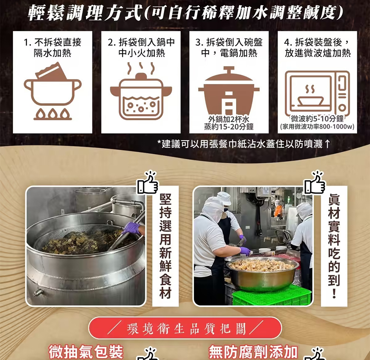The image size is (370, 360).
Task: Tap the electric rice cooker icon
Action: pyautogui.click(x=229, y=91)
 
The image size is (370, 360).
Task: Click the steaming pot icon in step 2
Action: pyautogui.click(x=141, y=91)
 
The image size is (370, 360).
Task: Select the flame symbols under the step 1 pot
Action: pyautogui.click(x=53, y=114)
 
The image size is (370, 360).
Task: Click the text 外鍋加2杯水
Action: pyautogui.click(x=229, y=120)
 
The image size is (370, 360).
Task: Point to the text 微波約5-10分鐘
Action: pyautogui.click(x=317, y=118)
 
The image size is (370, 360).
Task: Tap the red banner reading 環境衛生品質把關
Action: pyautogui.click(x=185, y=328)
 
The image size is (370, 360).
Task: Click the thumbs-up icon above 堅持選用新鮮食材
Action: pyautogui.click(x=148, y=183)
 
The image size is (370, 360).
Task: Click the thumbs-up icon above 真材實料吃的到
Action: pyautogui.click(x=315, y=183)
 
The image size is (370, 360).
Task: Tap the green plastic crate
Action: pyautogui.click(x=271, y=296)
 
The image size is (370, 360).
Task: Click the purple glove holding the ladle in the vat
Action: pyautogui.click(x=132, y=228)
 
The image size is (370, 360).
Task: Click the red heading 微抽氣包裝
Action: pyautogui.click(x=86, y=351)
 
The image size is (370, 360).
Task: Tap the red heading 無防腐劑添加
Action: pyautogui.click(x=253, y=351)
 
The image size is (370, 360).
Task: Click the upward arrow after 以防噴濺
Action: pyautogui.click(x=327, y=144)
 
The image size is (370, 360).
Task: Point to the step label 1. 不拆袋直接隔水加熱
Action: pyautogui.click(x=53, y=47)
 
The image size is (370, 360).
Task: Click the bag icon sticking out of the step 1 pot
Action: pyautogui.click(x=51, y=71)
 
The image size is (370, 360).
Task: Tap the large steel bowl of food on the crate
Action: pyautogui.click(x=262, y=274)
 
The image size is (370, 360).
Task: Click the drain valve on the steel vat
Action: pyautogui.click(x=38, y=292)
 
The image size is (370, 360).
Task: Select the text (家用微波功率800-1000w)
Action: pyautogui.click(x=317, y=127)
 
